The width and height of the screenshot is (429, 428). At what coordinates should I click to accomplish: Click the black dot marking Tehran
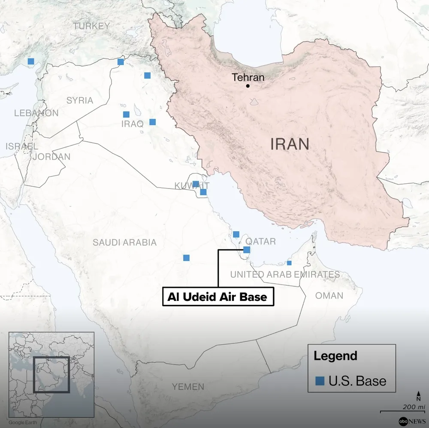(x=248, y=86)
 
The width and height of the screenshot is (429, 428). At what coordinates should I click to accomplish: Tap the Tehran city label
(x=248, y=78)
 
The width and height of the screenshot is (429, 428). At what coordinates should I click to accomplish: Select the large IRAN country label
(x=290, y=144)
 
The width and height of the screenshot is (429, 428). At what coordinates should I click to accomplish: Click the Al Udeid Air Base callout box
(x=218, y=297)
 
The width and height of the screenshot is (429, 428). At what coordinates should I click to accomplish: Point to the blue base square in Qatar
(x=247, y=249)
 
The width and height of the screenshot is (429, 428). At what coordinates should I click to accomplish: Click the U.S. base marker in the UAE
(x=289, y=263)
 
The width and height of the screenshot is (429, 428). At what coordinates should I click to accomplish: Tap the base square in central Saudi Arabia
(x=186, y=258)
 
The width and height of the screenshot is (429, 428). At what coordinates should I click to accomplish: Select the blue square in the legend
(x=320, y=381)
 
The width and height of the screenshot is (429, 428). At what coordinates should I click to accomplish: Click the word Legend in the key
(x=335, y=356)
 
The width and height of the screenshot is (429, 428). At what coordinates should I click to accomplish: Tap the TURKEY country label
(x=91, y=26)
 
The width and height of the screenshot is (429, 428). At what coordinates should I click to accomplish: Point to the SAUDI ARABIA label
(x=125, y=243)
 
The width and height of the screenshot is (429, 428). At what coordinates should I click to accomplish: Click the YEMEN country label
(x=188, y=387)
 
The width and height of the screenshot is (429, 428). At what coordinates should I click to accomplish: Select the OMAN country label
(x=329, y=295)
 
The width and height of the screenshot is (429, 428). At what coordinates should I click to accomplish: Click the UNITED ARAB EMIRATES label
(x=285, y=274)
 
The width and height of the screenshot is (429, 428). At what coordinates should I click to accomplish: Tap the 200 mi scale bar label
(x=414, y=407)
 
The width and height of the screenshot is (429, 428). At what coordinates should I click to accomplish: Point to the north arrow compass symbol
(x=418, y=395)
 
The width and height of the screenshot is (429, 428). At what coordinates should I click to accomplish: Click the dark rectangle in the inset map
(x=51, y=374)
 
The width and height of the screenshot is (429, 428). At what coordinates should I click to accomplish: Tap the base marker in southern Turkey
(x=31, y=61)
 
